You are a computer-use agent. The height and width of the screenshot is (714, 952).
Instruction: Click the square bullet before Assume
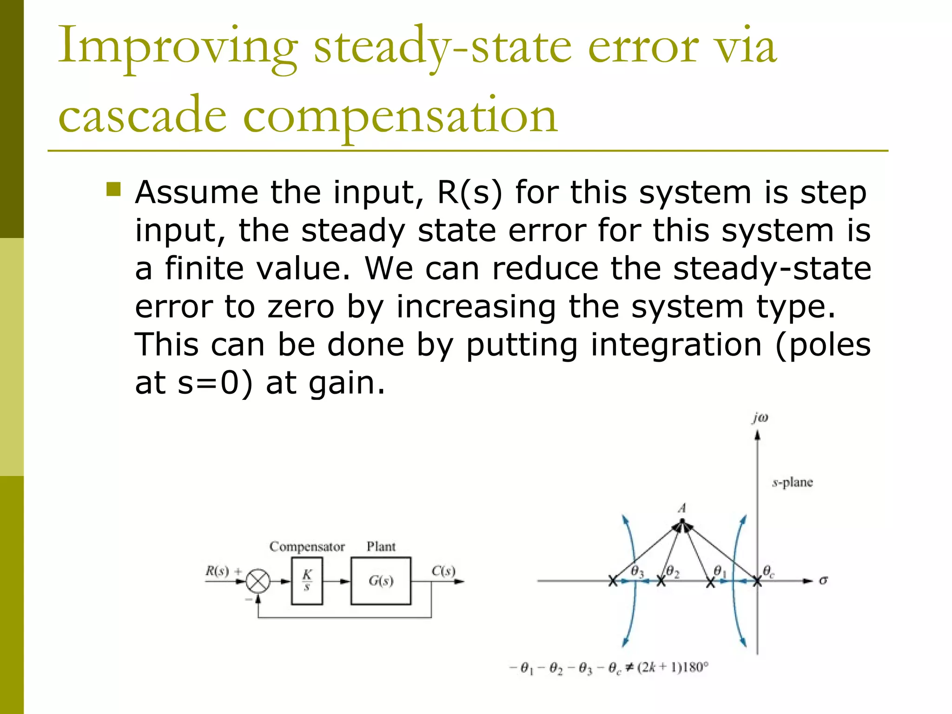[x=113, y=190]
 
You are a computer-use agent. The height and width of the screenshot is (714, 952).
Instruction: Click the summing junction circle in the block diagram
[x=258, y=581]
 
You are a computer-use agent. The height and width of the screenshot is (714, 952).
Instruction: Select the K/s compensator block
[x=307, y=581]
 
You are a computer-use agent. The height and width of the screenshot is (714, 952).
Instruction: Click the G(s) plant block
[x=381, y=581]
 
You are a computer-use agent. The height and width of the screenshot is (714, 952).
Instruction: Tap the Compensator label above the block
[x=307, y=547]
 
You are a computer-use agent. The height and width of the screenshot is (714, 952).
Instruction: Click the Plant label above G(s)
[x=381, y=546]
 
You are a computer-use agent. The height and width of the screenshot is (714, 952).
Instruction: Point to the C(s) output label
[x=443, y=571]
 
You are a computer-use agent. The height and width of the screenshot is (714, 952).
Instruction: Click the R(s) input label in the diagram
[x=218, y=571]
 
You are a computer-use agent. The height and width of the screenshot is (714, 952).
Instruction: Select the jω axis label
[x=760, y=418]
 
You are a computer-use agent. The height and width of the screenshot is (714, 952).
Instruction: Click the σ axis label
[x=823, y=580]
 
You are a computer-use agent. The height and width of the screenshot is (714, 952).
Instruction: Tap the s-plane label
[x=793, y=483]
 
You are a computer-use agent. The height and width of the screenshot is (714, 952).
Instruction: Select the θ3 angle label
[x=637, y=572]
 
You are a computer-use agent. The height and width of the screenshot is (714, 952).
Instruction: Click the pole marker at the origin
[x=757, y=581]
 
